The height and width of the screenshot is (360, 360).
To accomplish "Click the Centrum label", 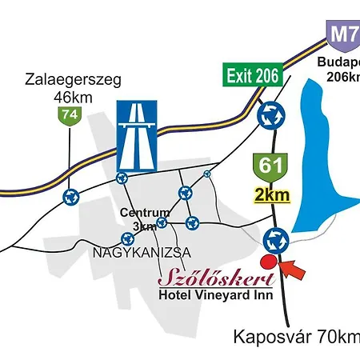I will click(144, 213).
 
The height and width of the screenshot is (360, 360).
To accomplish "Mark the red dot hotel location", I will click(269, 261).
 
